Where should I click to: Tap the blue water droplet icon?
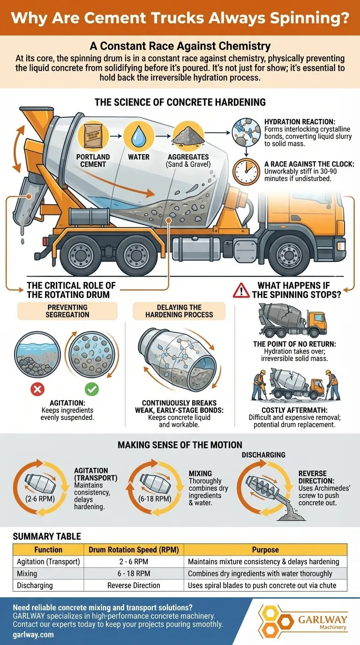(138, 135)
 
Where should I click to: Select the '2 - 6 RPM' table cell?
(134, 561)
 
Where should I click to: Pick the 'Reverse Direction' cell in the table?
(134, 585)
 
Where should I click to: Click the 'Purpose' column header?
(265, 549)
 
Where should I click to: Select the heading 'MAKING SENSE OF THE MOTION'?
(180, 444)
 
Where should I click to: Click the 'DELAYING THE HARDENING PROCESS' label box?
(180, 311)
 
